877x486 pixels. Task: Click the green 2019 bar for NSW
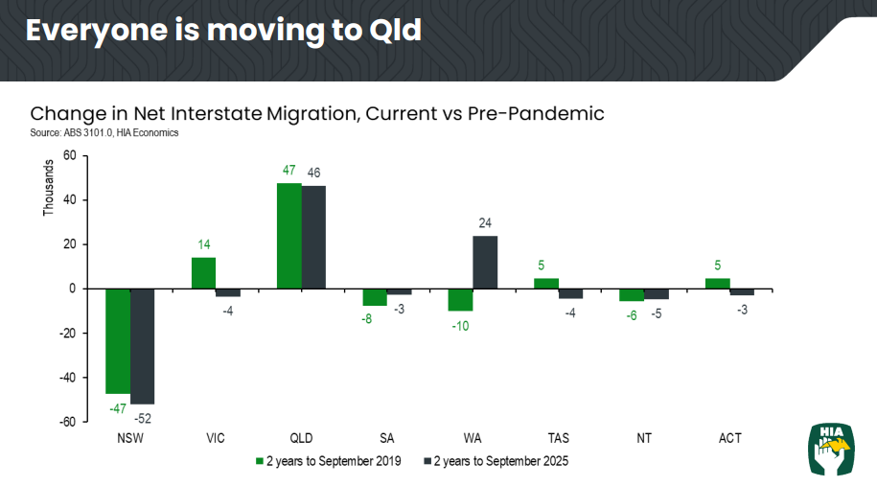(117, 340)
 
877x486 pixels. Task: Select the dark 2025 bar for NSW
(142, 346)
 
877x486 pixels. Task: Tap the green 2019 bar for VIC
(203, 273)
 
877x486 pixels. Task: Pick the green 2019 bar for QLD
(288, 236)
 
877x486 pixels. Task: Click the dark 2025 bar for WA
(485, 262)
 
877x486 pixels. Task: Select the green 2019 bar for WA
(461, 300)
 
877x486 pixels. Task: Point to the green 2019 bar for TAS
(546, 283)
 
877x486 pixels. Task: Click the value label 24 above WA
(485, 222)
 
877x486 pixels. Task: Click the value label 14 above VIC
(203, 244)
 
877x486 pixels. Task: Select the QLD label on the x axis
(301, 438)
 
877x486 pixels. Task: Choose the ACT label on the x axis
(730, 438)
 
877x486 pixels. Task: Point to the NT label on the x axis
(644, 438)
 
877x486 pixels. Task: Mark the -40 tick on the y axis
(68, 378)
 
